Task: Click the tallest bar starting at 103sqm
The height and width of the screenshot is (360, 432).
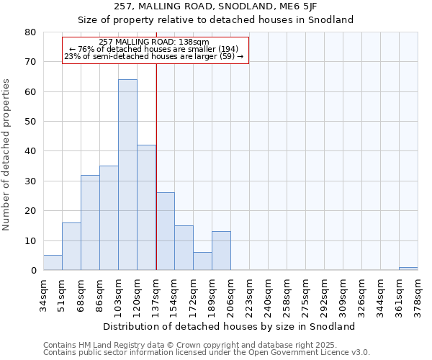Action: click(127, 175)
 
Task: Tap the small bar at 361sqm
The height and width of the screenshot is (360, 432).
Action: click(408, 269)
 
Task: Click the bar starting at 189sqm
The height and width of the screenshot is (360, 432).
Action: click(221, 251)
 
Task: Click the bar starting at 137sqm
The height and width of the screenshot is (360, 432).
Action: click(165, 232)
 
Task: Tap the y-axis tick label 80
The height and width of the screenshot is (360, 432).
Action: click(30, 32)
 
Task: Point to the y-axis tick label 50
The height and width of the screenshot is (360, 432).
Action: click(30, 122)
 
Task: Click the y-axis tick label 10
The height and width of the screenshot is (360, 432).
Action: click(30, 240)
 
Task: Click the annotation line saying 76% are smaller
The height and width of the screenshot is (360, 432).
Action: click(154, 49)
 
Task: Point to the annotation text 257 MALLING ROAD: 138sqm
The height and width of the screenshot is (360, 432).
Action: click(154, 42)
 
